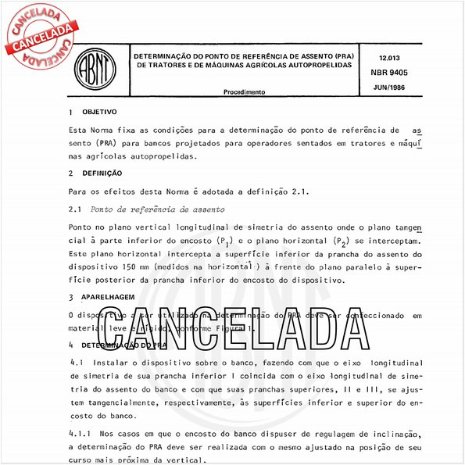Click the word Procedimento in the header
click(244, 92)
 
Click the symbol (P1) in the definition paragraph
click(224, 241)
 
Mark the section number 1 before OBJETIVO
click(71, 113)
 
